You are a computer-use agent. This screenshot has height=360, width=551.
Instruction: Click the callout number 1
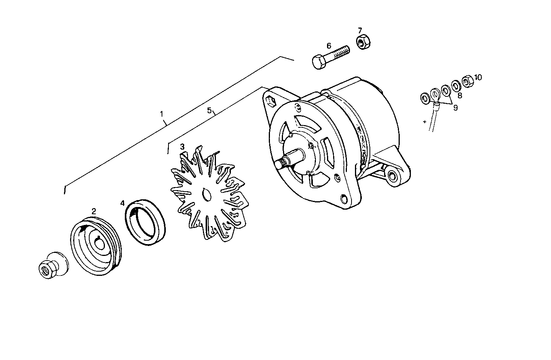[162, 114]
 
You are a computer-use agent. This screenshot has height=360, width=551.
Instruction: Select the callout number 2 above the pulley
[93, 211]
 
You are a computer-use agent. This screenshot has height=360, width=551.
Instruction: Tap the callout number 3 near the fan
[182, 147]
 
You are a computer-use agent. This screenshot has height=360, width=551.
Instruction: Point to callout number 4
[122, 203]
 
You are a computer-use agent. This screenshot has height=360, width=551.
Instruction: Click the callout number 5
[209, 110]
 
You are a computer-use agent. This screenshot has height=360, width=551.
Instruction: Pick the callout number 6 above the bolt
[329, 46]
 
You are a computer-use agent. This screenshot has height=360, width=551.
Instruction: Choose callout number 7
[360, 30]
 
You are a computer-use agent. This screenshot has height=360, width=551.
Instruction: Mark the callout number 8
[460, 96]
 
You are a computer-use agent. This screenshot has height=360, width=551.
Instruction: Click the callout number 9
[455, 108]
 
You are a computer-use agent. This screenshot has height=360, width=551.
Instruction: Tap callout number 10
[478, 77]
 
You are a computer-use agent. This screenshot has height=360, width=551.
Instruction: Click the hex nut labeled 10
[467, 81]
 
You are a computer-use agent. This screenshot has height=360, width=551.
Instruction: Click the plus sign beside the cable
[425, 122]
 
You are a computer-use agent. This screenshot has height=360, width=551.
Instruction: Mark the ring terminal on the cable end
[435, 93]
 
